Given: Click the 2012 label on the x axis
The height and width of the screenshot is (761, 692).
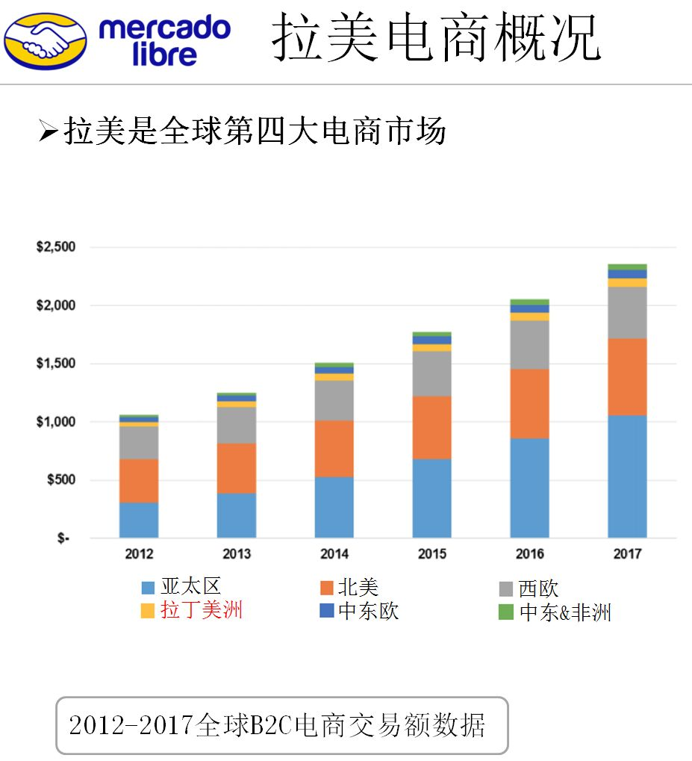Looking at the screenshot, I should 139,554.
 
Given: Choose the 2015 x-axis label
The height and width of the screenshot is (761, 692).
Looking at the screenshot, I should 431,554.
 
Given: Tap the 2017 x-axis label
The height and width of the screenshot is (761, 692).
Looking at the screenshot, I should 627,554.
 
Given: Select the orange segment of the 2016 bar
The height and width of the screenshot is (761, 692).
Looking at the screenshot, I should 529,403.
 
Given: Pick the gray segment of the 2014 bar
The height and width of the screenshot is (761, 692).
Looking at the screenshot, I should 334,400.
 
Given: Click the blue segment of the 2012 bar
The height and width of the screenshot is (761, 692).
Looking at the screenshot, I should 139,520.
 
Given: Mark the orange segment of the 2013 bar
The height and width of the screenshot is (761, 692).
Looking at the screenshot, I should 237,468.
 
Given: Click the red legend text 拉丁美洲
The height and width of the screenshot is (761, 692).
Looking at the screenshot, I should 202,610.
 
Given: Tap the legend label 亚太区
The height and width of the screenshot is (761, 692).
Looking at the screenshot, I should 190,587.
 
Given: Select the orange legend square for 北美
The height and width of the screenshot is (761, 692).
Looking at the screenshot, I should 326,588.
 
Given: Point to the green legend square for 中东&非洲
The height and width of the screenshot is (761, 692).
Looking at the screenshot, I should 505,612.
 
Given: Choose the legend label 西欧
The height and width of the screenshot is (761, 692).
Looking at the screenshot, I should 538,588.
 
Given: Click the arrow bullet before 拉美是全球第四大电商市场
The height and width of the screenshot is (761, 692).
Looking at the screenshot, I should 48,132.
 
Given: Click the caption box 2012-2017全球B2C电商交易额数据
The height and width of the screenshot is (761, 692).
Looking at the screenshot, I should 281,725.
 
